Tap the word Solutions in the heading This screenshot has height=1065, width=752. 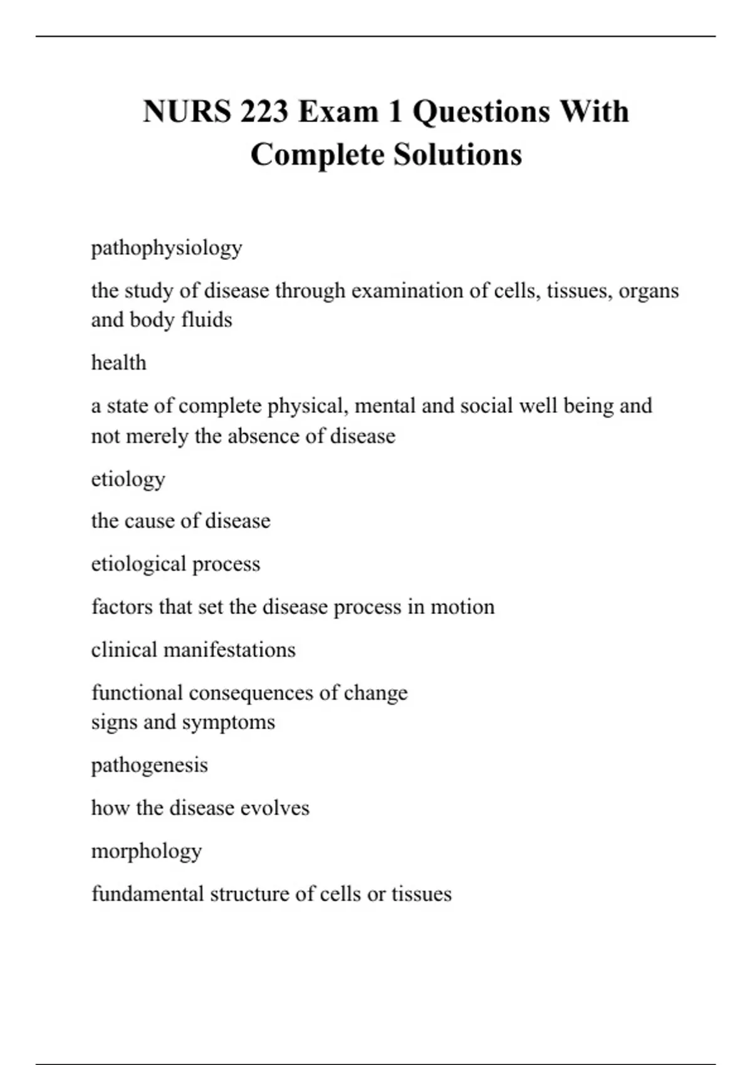pos(457,155)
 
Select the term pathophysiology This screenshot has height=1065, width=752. pos(167,248)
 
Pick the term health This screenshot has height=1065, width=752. pos(119,363)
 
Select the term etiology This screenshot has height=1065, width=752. pos(128,479)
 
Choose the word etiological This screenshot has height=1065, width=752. pos(138,564)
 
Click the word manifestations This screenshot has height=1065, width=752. pos(229,650)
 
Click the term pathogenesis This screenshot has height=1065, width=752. pos(150,766)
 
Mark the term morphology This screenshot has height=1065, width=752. pos(147,851)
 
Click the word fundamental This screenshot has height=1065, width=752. pos(148,894)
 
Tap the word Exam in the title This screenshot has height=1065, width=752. pos(338,112)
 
